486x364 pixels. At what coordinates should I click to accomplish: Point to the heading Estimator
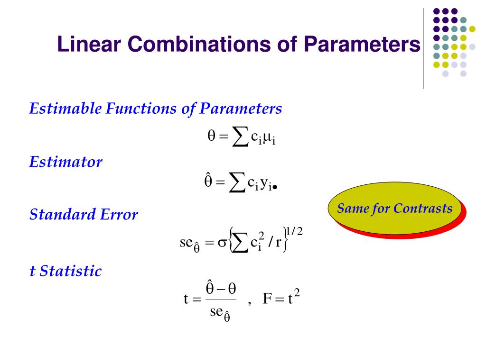pyautogui.click(x=65, y=163)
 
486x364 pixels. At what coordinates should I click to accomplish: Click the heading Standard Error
pyautogui.click(x=84, y=215)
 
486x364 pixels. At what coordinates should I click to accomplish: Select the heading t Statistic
pyautogui.click(x=65, y=272)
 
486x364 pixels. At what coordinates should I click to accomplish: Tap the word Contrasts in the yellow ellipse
pyautogui.click(x=423, y=209)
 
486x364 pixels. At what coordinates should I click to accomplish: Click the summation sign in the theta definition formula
pyautogui.click(x=240, y=138)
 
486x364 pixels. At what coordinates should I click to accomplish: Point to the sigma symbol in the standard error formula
pyautogui.click(x=221, y=242)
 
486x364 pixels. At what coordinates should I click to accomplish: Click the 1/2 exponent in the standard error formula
pyautogui.click(x=295, y=231)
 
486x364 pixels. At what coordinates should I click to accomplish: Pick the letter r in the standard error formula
pyautogui.click(x=279, y=243)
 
